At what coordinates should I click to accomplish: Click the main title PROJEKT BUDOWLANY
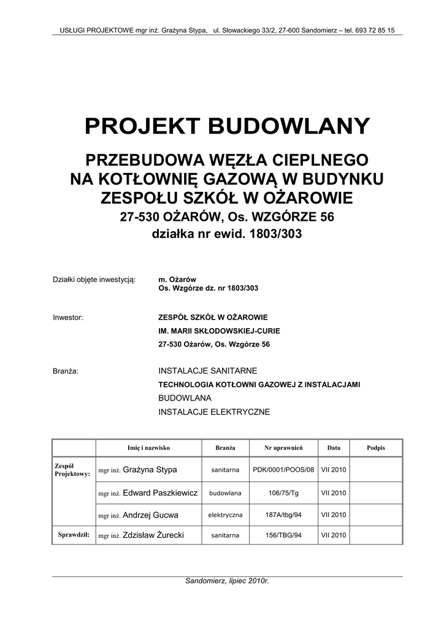point(227,126)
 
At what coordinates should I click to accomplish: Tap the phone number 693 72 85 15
point(373,29)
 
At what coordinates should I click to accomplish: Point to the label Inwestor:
point(68,317)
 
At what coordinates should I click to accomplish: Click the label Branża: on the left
point(66,371)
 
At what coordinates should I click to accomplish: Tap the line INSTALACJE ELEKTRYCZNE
point(214,412)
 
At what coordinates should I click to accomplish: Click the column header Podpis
point(376,448)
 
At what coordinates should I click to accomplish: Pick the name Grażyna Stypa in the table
point(150,470)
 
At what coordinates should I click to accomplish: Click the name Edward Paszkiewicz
point(160,493)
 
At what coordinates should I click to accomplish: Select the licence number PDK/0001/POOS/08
point(283,470)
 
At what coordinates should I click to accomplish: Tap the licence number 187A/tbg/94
point(283,515)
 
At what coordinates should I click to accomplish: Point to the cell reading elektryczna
point(225,515)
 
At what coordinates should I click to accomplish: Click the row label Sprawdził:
point(74,535)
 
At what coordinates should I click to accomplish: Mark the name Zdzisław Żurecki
point(153,535)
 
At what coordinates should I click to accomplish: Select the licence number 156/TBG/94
point(283,535)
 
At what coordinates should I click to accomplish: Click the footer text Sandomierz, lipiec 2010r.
point(227,581)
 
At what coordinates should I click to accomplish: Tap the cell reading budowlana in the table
point(225,493)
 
